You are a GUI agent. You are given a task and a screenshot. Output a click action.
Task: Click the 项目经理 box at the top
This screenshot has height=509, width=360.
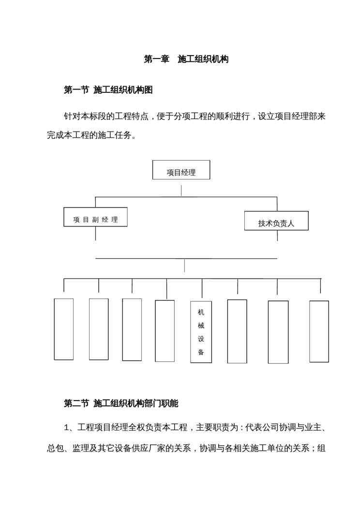[x=181, y=170]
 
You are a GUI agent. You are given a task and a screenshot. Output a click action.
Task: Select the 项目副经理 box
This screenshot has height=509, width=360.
[x=95, y=217]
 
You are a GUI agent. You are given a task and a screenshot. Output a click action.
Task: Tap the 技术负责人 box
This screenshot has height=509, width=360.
[x=276, y=221]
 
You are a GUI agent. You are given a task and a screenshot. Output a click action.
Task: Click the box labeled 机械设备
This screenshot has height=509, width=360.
[x=201, y=332]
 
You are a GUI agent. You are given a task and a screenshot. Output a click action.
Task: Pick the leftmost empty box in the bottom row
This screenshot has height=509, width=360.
[x=64, y=329]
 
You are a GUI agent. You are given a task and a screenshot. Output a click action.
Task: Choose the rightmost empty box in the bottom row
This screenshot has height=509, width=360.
[x=319, y=331]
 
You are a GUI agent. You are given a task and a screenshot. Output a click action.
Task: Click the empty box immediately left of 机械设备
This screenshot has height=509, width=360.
[x=165, y=331]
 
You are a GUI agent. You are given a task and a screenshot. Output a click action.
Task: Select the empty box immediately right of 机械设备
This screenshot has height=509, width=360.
[x=237, y=331]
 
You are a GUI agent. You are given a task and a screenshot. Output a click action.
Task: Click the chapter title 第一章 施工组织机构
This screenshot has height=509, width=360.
[x=186, y=60]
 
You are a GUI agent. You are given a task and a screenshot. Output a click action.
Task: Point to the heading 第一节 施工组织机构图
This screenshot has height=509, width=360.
[x=108, y=90]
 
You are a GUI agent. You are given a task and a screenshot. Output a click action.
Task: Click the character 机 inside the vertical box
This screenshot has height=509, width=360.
[x=201, y=313]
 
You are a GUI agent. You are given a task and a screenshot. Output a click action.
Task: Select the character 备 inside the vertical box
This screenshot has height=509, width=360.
[x=201, y=352]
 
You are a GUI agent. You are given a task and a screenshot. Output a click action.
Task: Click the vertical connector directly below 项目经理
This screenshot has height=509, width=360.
[x=181, y=191]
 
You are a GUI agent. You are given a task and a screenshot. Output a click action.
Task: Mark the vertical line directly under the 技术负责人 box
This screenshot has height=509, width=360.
[x=277, y=235]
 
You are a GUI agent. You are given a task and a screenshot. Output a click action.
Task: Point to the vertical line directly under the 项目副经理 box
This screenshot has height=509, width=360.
[x=95, y=233]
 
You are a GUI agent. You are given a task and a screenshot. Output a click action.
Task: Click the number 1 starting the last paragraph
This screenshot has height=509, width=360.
[x=67, y=427]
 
